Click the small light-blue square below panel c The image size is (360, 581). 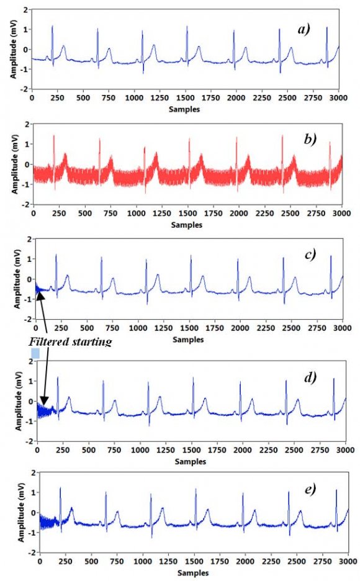coord(35,353)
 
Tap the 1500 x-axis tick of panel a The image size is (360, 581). coord(186,99)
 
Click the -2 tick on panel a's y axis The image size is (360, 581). coord(23,89)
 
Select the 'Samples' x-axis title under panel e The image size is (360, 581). coord(193,573)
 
